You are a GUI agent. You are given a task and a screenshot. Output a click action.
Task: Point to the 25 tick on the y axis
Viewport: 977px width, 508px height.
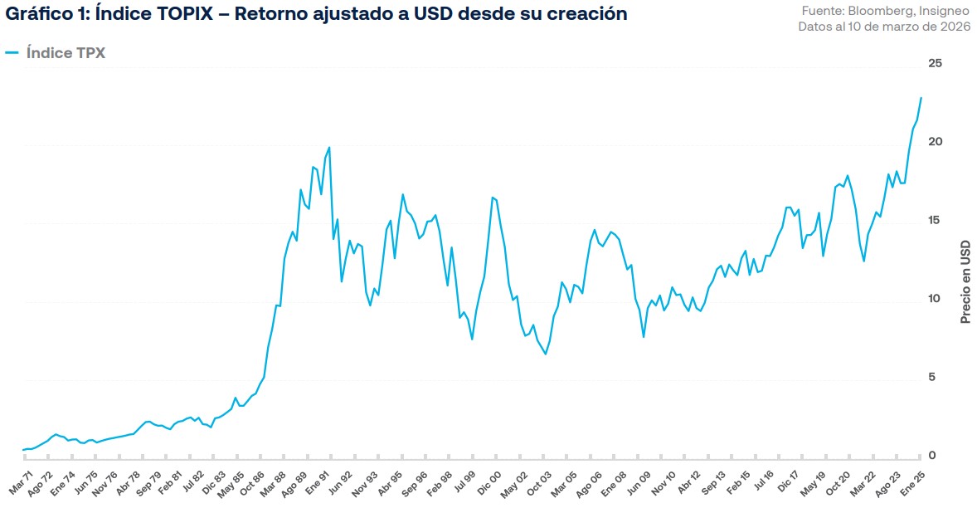pos(936,63)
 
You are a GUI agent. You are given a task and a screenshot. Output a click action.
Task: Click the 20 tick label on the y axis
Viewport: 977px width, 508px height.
pos(936,142)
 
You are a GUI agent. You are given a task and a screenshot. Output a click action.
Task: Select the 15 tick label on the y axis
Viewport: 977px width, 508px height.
pos(936,220)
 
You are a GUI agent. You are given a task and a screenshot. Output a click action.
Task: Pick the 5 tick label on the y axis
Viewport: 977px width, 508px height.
pos(932,377)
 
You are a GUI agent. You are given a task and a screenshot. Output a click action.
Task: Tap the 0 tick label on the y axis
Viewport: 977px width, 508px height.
pos(932,456)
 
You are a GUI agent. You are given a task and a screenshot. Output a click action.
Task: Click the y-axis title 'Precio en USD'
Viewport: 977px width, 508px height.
pos(965,282)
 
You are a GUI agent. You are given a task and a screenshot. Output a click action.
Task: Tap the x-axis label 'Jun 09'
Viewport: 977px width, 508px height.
pos(639,481)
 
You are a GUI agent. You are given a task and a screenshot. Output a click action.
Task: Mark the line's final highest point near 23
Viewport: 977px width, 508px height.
pos(921,98)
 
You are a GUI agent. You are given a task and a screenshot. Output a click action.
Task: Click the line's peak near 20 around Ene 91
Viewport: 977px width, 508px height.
pos(329,148)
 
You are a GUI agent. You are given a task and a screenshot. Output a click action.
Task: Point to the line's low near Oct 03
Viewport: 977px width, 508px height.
pos(546,354)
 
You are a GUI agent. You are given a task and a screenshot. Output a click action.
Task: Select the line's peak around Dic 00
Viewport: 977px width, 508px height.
pos(492,198)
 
